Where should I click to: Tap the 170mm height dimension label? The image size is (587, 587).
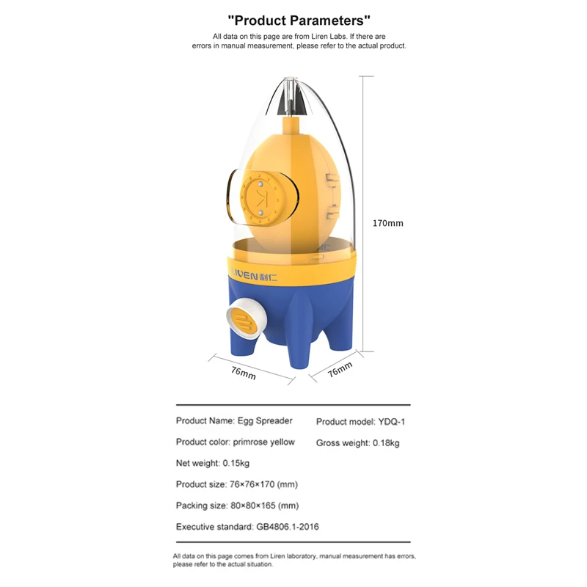click(388, 223)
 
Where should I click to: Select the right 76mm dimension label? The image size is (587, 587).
click(340, 371)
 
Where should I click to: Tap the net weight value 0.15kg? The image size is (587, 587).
click(236, 463)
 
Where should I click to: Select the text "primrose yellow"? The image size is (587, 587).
click(264, 442)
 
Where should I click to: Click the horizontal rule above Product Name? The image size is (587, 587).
click(293, 405)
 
